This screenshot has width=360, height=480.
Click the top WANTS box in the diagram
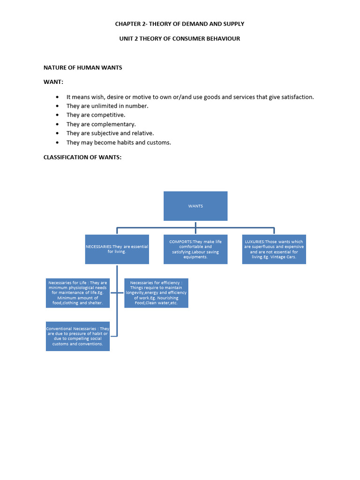coord(195,206)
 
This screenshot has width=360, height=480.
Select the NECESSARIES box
coord(117,249)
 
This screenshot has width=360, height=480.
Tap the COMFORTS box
coord(195,249)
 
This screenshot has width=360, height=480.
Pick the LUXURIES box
coord(274,249)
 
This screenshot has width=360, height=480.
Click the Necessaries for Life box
coord(78,293)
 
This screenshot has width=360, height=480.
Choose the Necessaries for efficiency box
coord(157,293)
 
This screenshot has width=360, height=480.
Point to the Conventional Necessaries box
coord(78,336)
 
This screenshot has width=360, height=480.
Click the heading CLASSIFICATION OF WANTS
coord(82,157)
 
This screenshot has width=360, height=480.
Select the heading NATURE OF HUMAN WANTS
coord(82,67)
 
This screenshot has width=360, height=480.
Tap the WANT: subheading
coord(53,82)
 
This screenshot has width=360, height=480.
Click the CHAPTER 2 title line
coord(180,24)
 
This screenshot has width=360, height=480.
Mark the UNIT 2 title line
coord(180,38)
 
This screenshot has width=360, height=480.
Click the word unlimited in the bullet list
coord(103,106)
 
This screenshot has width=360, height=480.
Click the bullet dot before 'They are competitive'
coord(57,115)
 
